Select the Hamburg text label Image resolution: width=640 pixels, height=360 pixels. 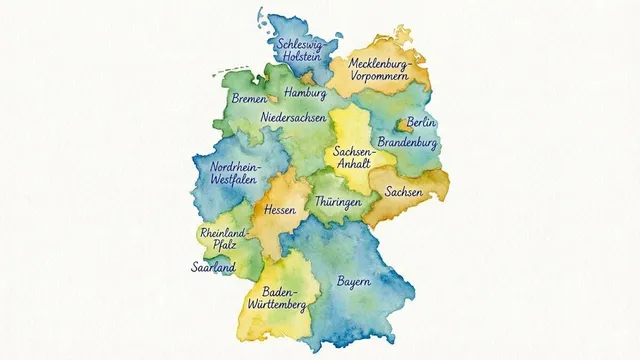coord(306,92)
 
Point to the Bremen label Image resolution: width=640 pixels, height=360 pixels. coord(249,99)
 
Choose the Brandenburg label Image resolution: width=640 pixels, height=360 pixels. coord(408,143)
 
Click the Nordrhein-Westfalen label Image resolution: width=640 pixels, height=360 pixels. coord(233,173)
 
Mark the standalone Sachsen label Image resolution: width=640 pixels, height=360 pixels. coord(404,191)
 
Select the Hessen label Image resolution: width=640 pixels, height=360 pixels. coord(281,211)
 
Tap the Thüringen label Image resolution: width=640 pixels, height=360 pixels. coord(338,202)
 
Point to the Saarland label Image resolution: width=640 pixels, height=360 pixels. coord(213,267)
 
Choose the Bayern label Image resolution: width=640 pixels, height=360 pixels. coord(354,281)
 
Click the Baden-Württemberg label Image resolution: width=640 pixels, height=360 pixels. coord(273,297)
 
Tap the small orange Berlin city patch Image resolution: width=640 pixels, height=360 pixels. coord(405,125)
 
